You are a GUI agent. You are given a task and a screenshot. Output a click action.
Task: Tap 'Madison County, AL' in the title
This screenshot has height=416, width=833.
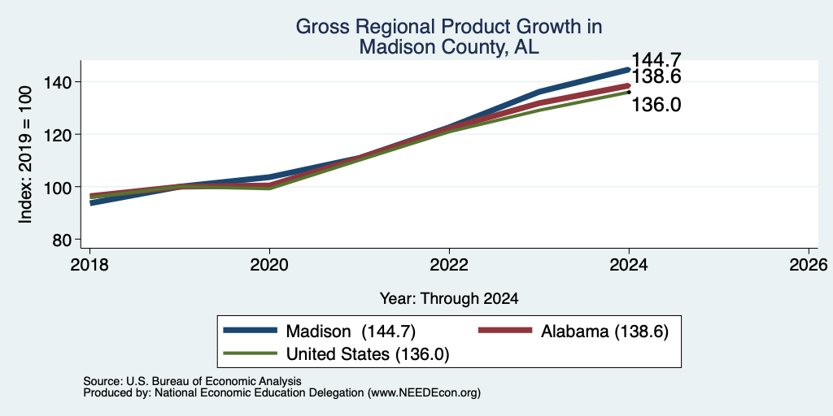pyautogui.click(x=449, y=47)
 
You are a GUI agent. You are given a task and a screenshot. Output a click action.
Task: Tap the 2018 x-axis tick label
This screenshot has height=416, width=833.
pyautogui.click(x=89, y=264)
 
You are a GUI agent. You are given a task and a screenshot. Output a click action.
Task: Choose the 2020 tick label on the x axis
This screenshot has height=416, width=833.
pyautogui.click(x=269, y=264)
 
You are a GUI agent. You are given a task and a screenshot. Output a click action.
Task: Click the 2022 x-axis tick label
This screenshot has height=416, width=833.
pyautogui.click(x=449, y=264)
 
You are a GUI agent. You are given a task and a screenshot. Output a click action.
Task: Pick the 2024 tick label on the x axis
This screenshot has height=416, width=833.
pyautogui.click(x=629, y=264)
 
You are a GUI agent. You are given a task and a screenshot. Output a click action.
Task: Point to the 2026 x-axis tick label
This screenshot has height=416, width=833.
pyautogui.click(x=809, y=264)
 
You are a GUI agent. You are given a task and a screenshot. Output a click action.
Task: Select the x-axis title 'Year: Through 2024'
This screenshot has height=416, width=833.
pyautogui.click(x=449, y=299)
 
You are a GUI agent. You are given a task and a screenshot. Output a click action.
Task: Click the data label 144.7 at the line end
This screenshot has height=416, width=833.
pyautogui.click(x=656, y=60)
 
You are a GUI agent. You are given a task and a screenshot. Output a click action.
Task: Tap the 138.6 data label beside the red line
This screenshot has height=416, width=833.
pyautogui.click(x=656, y=77)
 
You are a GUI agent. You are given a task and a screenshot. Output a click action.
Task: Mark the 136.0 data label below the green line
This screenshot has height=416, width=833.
pyautogui.click(x=656, y=105)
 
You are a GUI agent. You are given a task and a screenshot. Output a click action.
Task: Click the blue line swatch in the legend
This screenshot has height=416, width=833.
pyautogui.click(x=251, y=331)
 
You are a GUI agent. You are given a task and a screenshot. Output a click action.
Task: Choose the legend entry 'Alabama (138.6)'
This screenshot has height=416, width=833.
pyautogui.click(x=604, y=331)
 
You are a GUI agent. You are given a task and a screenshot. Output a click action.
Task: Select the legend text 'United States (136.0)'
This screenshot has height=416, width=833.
pyautogui.click(x=368, y=354)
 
